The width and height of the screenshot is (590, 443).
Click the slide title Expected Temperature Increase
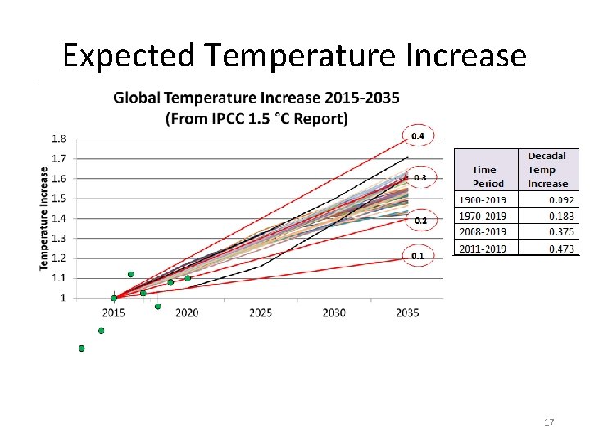[294, 56]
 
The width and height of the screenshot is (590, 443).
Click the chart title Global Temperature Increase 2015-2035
[256, 98]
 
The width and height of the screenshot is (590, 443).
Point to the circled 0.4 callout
[418, 135]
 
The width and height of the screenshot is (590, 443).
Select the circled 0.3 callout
[420, 177]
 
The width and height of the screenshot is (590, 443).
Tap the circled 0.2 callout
[420, 221]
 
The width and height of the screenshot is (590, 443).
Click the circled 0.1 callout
[418, 256]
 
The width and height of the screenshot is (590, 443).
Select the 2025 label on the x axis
[261, 313]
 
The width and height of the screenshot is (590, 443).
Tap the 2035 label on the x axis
[407, 313]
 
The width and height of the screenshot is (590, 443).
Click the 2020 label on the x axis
[187, 313]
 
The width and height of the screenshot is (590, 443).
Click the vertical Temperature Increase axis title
[43, 218]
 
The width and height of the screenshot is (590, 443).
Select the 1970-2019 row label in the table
[483, 216]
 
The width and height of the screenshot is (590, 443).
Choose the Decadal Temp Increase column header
[547, 170]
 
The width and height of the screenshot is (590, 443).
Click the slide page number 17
[549, 422]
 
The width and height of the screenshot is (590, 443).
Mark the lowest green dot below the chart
[81, 349]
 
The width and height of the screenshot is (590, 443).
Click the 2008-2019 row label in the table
[483, 232]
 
